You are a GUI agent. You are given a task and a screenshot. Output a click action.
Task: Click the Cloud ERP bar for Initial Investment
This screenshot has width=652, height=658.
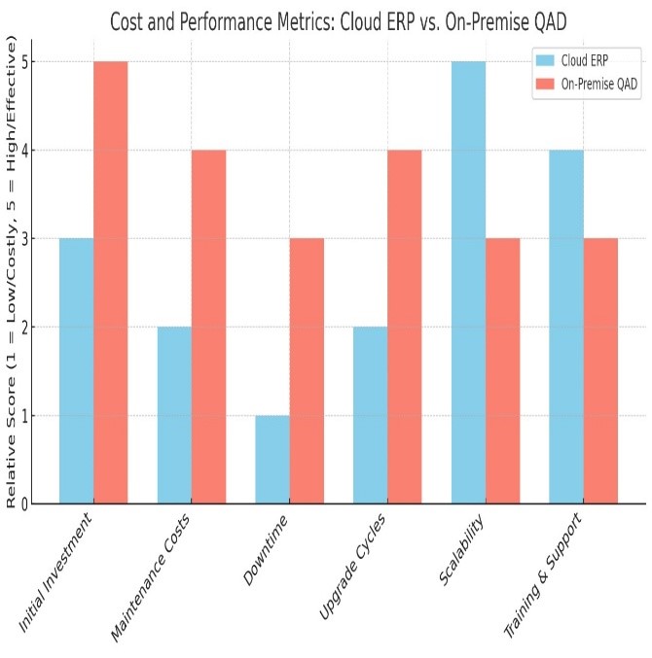(x=77, y=370)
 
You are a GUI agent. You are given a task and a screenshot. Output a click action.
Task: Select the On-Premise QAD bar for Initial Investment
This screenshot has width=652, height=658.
(x=111, y=282)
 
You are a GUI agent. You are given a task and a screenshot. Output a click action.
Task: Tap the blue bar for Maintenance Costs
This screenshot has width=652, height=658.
(x=175, y=415)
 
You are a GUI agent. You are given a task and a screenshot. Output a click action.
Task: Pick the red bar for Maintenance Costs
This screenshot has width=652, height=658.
(x=209, y=327)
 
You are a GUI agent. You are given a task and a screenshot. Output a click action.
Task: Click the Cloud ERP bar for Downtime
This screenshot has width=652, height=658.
(x=273, y=459)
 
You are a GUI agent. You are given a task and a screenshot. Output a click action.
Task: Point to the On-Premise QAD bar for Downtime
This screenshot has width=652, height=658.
(x=308, y=370)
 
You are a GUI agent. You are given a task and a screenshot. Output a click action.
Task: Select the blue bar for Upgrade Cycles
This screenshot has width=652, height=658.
(x=371, y=415)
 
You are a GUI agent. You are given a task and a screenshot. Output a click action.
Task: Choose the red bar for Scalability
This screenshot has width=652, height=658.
(x=503, y=370)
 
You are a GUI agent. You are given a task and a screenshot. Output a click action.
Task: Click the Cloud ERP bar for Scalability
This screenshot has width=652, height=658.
(x=469, y=282)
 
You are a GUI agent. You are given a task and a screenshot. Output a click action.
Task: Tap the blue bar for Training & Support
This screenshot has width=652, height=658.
(x=567, y=327)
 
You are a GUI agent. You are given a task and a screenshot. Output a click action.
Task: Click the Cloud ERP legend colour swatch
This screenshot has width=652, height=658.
(x=545, y=60)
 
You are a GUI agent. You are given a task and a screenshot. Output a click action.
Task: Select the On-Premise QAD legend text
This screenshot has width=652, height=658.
(x=600, y=84)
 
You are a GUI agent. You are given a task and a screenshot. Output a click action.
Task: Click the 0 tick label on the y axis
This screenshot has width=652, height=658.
(x=23, y=503)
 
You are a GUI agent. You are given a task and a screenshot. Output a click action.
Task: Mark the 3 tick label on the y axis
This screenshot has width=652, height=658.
(x=23, y=238)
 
